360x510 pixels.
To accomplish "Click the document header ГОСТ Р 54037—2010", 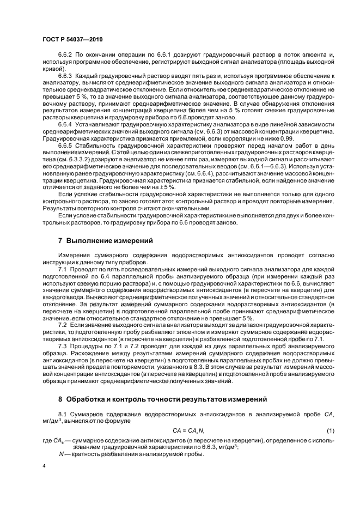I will coord(72,39).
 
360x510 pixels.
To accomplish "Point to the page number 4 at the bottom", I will coord(43,466).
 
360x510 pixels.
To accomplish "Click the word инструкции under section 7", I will coord(59,262).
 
